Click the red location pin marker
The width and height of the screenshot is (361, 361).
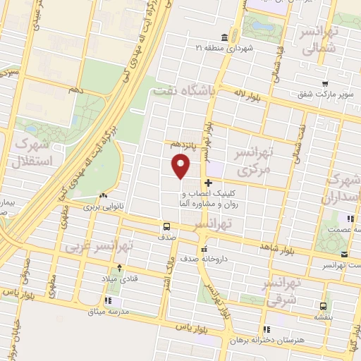pos(181,166)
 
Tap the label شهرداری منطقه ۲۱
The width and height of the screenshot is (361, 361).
pos(223,48)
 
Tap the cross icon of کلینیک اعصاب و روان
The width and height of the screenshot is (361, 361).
pos(207,183)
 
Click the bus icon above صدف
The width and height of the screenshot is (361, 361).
pos(166,226)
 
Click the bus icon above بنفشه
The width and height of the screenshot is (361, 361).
pos(322,305)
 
